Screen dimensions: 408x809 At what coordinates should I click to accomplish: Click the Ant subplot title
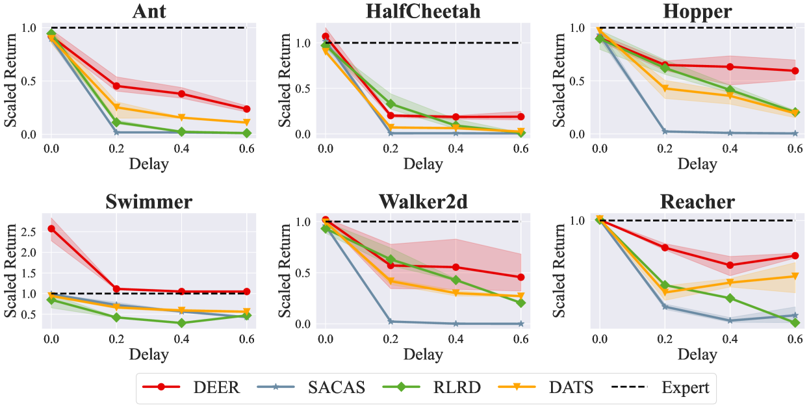pyautogui.click(x=149, y=11)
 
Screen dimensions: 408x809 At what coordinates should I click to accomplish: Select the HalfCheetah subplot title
pyautogui.click(x=422, y=11)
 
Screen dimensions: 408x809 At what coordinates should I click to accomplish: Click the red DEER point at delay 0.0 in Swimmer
pyautogui.click(x=51, y=229)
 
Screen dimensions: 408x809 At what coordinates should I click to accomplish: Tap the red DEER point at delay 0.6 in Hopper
pyautogui.click(x=794, y=71)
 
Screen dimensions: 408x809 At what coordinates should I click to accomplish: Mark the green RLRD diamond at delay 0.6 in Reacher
pyautogui.click(x=794, y=322)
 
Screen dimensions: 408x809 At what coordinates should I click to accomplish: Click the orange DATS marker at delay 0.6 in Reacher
pyautogui.click(x=794, y=276)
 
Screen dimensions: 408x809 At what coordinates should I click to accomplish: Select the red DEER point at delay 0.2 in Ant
pyautogui.click(x=116, y=86)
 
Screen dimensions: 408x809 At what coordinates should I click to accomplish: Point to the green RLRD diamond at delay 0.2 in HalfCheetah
pyautogui.click(x=391, y=104)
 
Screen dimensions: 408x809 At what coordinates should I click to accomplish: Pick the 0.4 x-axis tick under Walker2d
pyautogui.click(x=456, y=339)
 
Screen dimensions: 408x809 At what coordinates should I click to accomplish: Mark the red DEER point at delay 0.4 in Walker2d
pyautogui.click(x=456, y=267)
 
